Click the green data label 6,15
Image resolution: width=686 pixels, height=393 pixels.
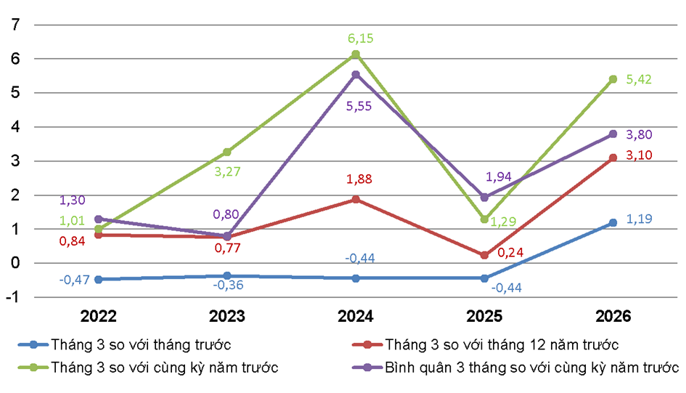point(356,36)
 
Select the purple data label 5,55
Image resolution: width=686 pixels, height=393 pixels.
point(356,105)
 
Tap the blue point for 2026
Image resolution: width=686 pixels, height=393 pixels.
point(613,222)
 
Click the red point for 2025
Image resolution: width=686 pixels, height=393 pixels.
point(484,255)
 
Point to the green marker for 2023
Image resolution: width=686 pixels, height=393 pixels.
point(227,152)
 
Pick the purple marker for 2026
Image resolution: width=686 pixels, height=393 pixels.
point(613,134)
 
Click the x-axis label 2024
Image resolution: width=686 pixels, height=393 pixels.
point(356,317)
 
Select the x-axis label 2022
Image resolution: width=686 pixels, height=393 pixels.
point(99,317)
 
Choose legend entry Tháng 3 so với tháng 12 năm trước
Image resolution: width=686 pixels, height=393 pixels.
point(501,344)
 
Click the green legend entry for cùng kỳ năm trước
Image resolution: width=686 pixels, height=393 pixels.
point(164,367)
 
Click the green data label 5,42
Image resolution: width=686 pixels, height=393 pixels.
point(640,78)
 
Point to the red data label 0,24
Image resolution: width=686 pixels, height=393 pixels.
point(510,254)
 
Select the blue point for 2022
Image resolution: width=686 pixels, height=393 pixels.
point(99,279)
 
